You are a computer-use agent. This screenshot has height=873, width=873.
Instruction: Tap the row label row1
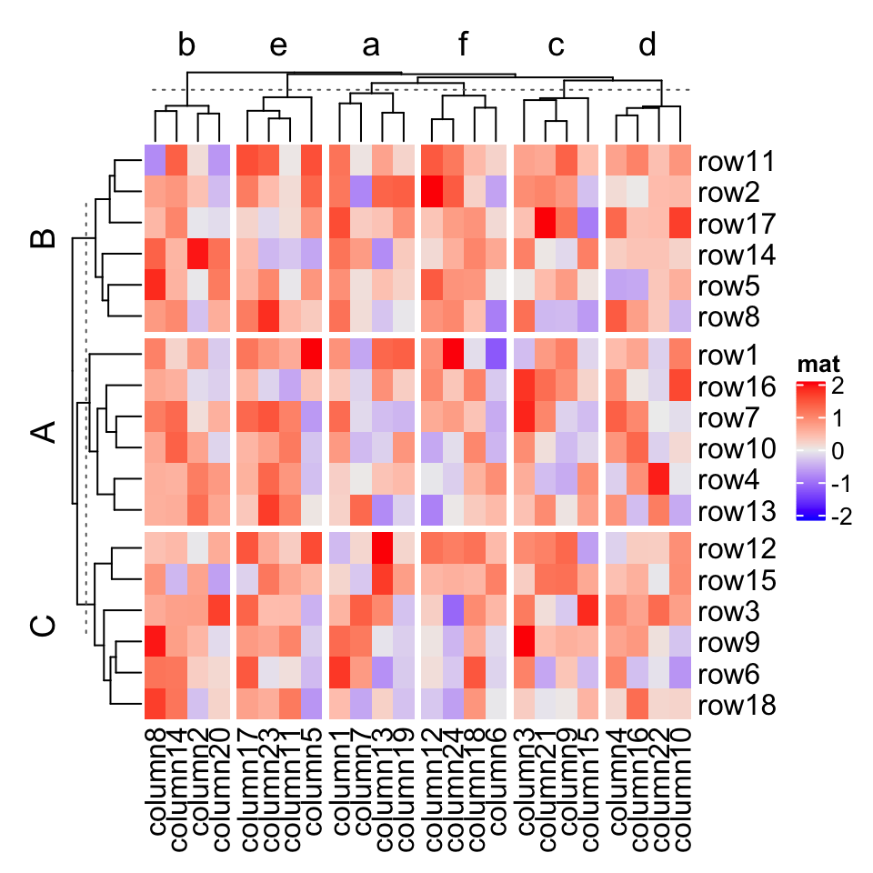[x=728, y=355]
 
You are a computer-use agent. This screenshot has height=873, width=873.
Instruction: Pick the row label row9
[x=728, y=644]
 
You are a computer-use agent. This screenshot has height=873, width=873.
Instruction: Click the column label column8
[x=156, y=782]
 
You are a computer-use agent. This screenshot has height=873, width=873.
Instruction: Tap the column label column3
[x=527, y=782]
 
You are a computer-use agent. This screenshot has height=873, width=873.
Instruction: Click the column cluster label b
[x=187, y=46]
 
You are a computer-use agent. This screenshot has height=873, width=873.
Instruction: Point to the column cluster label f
[x=463, y=46]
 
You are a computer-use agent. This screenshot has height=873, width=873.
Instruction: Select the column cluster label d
[x=647, y=46]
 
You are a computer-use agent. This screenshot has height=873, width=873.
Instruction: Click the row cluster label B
[x=43, y=239]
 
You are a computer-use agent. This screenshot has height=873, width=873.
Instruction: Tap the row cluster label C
[x=43, y=627]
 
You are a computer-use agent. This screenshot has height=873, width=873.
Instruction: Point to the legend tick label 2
[x=837, y=386]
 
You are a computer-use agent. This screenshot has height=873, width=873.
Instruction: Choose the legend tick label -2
[x=841, y=517]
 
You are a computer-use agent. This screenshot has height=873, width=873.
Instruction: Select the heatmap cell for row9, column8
[x=155, y=644]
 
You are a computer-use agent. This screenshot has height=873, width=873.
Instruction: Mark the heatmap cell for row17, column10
[x=679, y=224]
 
